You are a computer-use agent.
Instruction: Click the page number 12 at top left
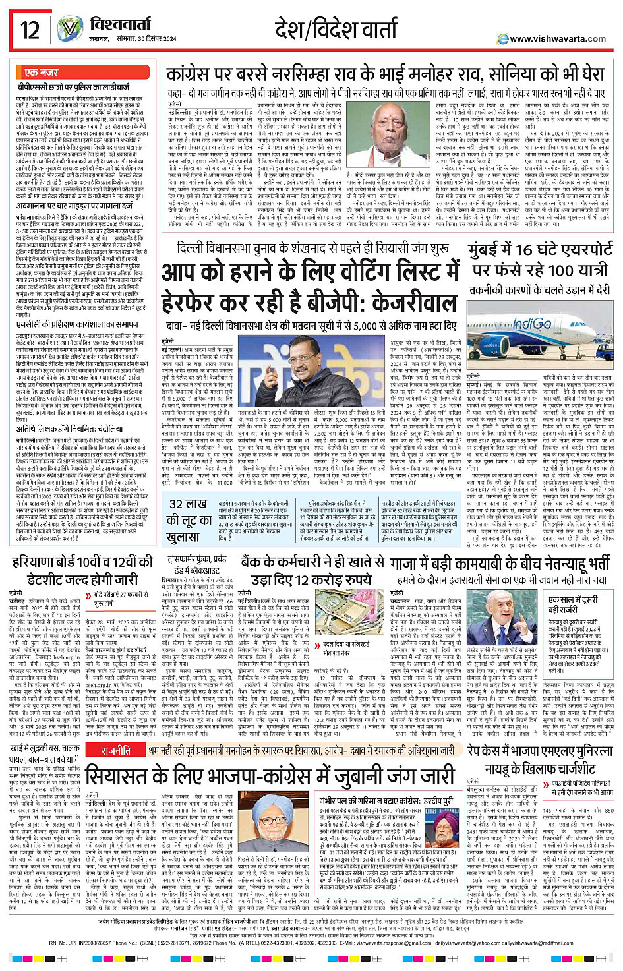coord(30,30)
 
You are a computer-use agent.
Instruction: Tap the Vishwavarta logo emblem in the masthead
coord(69,30)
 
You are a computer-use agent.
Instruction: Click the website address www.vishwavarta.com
coord(557,39)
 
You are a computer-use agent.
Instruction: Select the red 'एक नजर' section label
coord(41,73)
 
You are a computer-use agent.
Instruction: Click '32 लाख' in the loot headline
coord(188,504)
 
